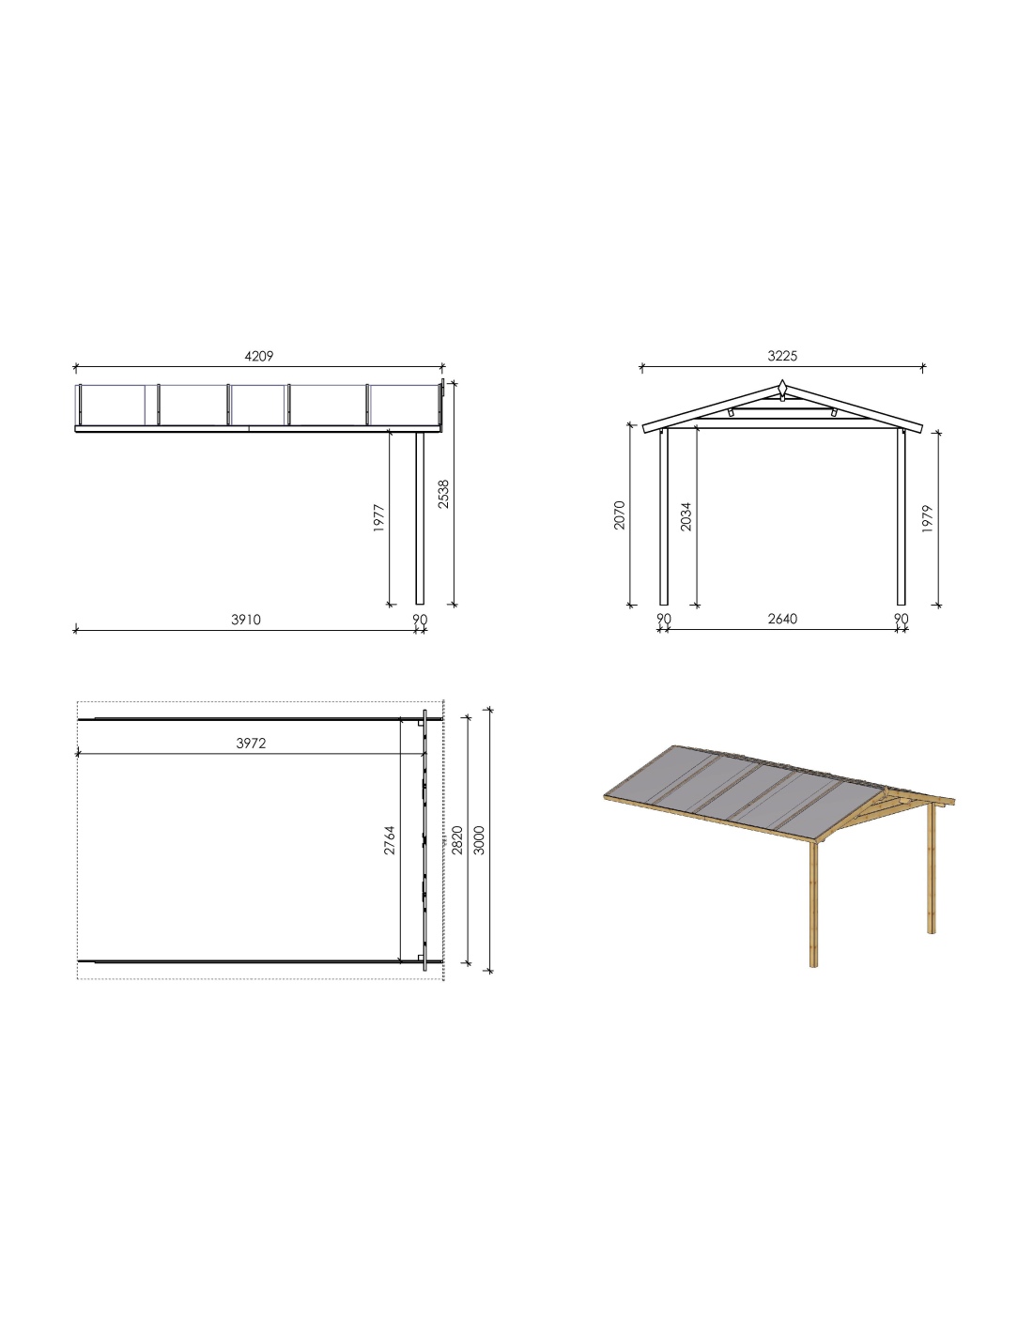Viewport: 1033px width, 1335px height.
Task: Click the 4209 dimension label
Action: coord(258,357)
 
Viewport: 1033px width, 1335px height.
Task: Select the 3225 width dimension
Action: coord(782,357)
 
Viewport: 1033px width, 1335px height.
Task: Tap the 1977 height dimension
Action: coord(378,518)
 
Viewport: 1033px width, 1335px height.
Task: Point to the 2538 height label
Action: coord(443,494)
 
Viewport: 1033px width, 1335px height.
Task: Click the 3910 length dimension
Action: coord(246,620)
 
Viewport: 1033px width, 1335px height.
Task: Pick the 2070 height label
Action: coord(620,514)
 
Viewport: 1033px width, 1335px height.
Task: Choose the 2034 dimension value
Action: coord(686,516)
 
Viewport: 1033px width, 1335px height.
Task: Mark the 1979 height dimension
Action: coord(928,518)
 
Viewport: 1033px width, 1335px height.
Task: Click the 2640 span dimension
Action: coord(782,620)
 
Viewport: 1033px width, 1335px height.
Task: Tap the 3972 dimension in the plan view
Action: coord(251,744)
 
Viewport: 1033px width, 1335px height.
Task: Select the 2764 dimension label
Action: coord(390,840)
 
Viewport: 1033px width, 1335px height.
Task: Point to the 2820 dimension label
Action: coord(457,840)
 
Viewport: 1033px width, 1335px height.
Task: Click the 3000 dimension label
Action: coord(480,840)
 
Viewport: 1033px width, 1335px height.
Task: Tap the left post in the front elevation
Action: coord(664,517)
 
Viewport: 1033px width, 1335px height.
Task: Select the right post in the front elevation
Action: coord(901,517)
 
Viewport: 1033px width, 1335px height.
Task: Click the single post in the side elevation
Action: coord(421,518)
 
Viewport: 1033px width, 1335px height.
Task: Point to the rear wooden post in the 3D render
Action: coord(932,867)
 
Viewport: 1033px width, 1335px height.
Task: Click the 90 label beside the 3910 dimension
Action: coord(420,620)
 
